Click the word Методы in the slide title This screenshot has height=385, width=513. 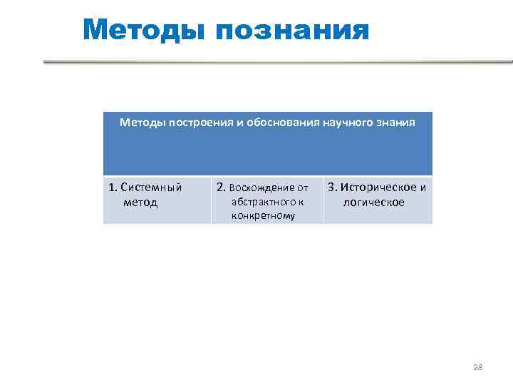pyautogui.click(x=143, y=31)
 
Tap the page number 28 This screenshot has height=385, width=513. pyautogui.click(x=477, y=367)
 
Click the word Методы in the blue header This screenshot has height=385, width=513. pyautogui.click(x=140, y=123)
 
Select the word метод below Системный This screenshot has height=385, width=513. pyautogui.click(x=140, y=202)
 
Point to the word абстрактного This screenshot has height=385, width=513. pyautogui.click(x=263, y=202)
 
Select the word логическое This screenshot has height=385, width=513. pyautogui.click(x=373, y=202)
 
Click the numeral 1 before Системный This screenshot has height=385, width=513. pyautogui.click(x=112, y=188)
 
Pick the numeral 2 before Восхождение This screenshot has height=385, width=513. pyautogui.click(x=220, y=188)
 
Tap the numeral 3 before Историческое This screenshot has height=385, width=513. pyautogui.click(x=331, y=188)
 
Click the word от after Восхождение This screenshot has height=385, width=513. pyautogui.click(x=302, y=188)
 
